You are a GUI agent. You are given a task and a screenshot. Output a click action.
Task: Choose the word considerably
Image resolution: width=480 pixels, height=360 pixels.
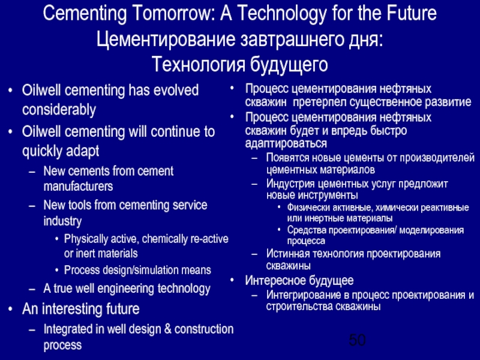point(59,110)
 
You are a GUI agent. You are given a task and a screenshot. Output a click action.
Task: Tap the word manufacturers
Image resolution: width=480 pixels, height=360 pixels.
point(78,187)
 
